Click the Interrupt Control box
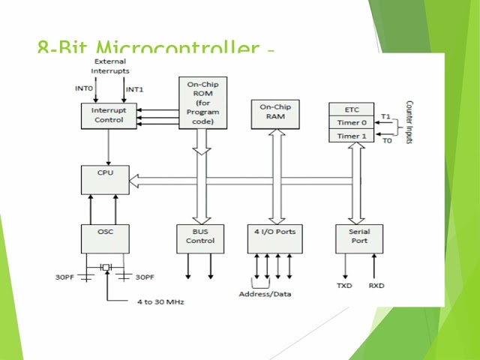click(x=109, y=115)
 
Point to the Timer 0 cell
click(x=352, y=121)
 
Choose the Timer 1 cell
click(x=352, y=136)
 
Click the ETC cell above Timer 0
click(x=352, y=108)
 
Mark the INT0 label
click(x=84, y=88)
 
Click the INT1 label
click(x=134, y=89)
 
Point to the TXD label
click(x=344, y=286)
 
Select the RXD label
click(x=376, y=286)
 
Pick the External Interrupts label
click(x=110, y=66)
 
